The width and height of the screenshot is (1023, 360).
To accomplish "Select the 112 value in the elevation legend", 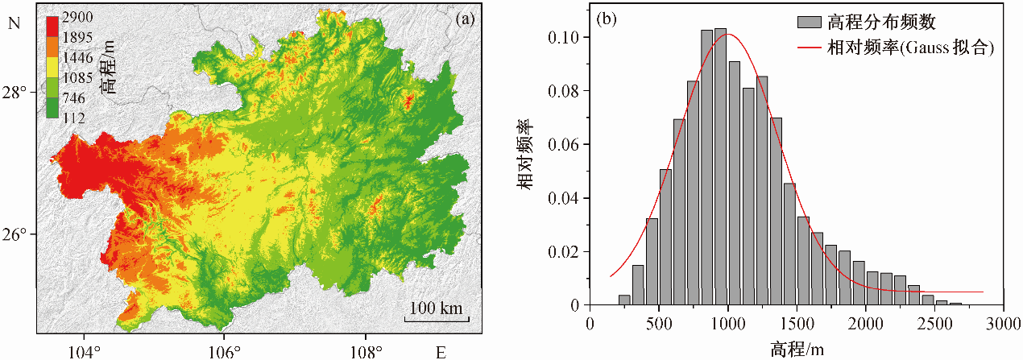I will point(72,118).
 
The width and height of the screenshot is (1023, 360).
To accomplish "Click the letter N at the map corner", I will point(12,23).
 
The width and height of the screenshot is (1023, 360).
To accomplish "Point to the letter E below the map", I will point(441,351).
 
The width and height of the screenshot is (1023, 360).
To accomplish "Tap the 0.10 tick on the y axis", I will point(567,38).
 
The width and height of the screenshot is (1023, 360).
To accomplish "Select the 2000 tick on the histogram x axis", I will point(865,322).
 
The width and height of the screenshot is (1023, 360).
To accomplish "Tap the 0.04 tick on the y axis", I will point(567,198).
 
